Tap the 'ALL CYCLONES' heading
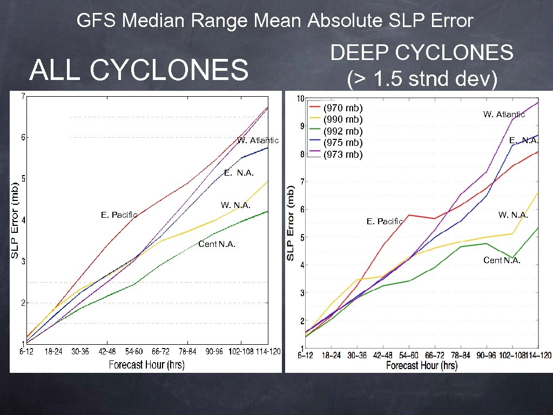(x=139, y=70)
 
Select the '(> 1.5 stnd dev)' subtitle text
(x=421, y=79)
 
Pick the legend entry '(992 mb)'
(x=342, y=131)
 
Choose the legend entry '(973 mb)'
(x=342, y=155)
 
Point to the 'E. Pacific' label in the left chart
(x=119, y=215)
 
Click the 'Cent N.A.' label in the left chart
(x=217, y=244)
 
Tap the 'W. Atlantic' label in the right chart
(x=503, y=114)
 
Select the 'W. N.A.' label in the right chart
(x=512, y=215)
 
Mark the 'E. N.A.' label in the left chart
(x=238, y=173)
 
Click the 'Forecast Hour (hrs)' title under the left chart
(x=146, y=365)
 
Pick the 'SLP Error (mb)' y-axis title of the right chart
(x=291, y=223)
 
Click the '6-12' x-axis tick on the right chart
(x=305, y=355)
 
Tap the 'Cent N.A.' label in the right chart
(x=502, y=260)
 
